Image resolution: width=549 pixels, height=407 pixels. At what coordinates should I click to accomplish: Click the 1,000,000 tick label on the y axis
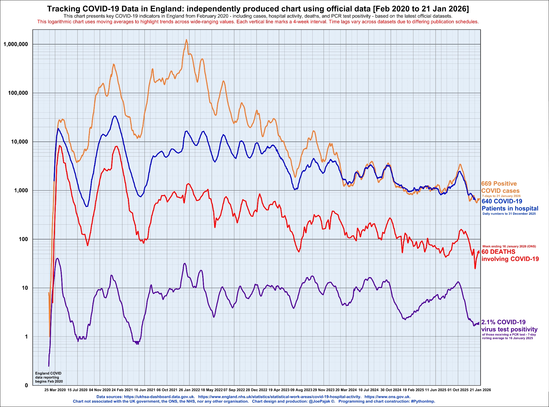(16, 44)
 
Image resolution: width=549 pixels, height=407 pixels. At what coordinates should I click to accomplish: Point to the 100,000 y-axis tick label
(18, 93)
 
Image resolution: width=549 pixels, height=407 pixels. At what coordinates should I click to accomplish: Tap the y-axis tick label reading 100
(23, 239)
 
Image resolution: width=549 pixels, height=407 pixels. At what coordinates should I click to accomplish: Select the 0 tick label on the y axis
(26, 385)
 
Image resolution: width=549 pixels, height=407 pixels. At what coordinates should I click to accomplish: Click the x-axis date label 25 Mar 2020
(55, 390)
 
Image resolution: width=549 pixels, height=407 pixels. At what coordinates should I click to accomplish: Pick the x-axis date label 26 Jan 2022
(189, 390)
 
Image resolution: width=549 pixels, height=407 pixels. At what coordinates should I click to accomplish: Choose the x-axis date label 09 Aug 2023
(301, 390)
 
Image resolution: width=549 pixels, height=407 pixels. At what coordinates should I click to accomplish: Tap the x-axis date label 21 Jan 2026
(480, 390)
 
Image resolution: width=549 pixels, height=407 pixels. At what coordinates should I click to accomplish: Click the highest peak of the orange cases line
(186, 40)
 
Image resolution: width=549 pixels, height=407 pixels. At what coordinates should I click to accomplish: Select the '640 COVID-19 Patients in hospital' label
(510, 205)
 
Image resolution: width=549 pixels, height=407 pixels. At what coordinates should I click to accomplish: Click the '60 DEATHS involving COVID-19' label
(510, 255)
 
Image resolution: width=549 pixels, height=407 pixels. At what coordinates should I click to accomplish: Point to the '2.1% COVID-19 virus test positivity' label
(509, 326)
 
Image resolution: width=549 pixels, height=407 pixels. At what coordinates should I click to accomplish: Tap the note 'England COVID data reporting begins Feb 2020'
(49, 377)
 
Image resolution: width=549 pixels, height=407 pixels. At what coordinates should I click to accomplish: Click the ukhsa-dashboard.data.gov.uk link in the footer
(159, 397)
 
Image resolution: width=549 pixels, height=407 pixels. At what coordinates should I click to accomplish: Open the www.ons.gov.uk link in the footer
(387, 397)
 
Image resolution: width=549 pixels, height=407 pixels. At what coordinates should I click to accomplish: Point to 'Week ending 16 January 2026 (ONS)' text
(509, 246)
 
